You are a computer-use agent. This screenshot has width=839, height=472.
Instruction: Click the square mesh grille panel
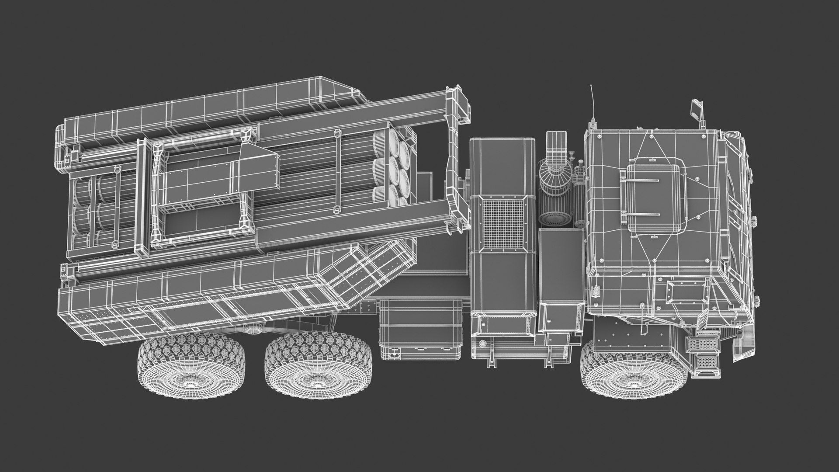pos(502,223)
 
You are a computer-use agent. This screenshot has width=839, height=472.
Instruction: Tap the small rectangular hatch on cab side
pos(685,291)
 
